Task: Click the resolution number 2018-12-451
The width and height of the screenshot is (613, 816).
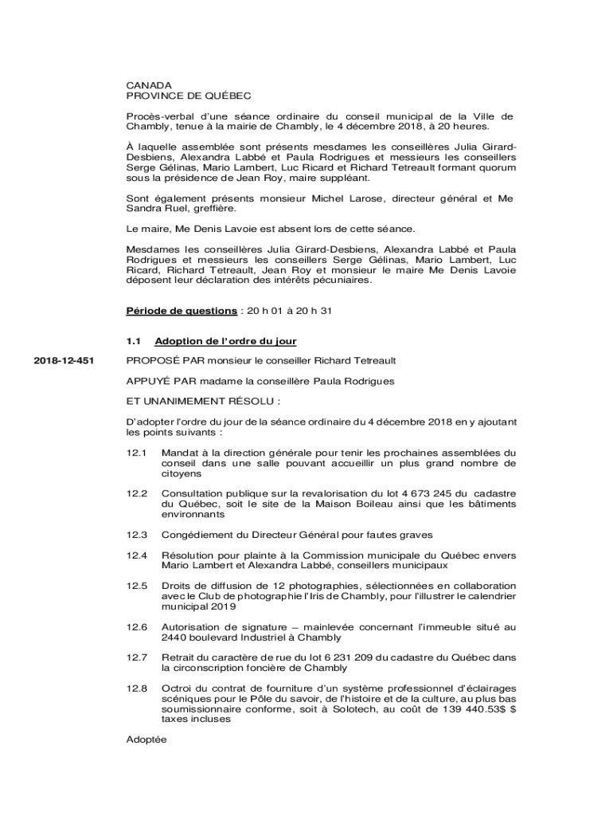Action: tap(63, 361)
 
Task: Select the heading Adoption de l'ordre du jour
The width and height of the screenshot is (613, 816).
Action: tap(225, 341)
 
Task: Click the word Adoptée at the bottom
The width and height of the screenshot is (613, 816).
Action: tap(146, 739)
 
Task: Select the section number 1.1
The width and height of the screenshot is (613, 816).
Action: tap(134, 341)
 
